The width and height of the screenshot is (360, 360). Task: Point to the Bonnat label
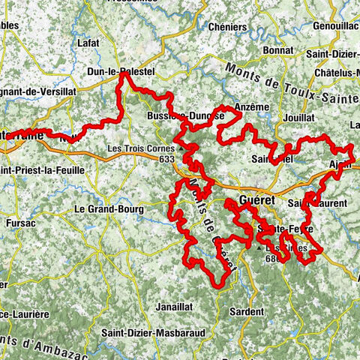tap(277, 50)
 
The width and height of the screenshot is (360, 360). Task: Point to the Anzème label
tap(250, 108)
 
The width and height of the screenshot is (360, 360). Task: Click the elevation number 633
tap(166, 158)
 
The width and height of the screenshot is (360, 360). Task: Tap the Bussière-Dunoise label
tap(185, 117)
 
